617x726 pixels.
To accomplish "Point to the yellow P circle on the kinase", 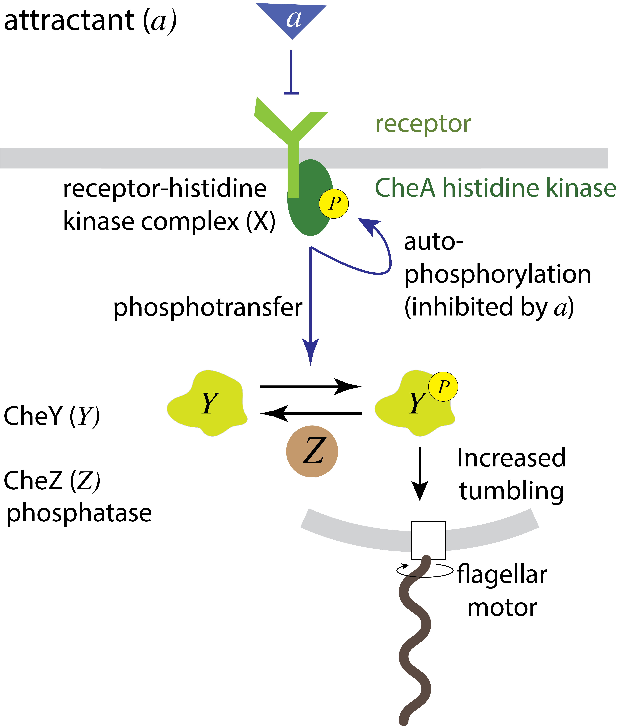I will click(334, 204).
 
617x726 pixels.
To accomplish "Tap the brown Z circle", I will click(312, 451).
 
